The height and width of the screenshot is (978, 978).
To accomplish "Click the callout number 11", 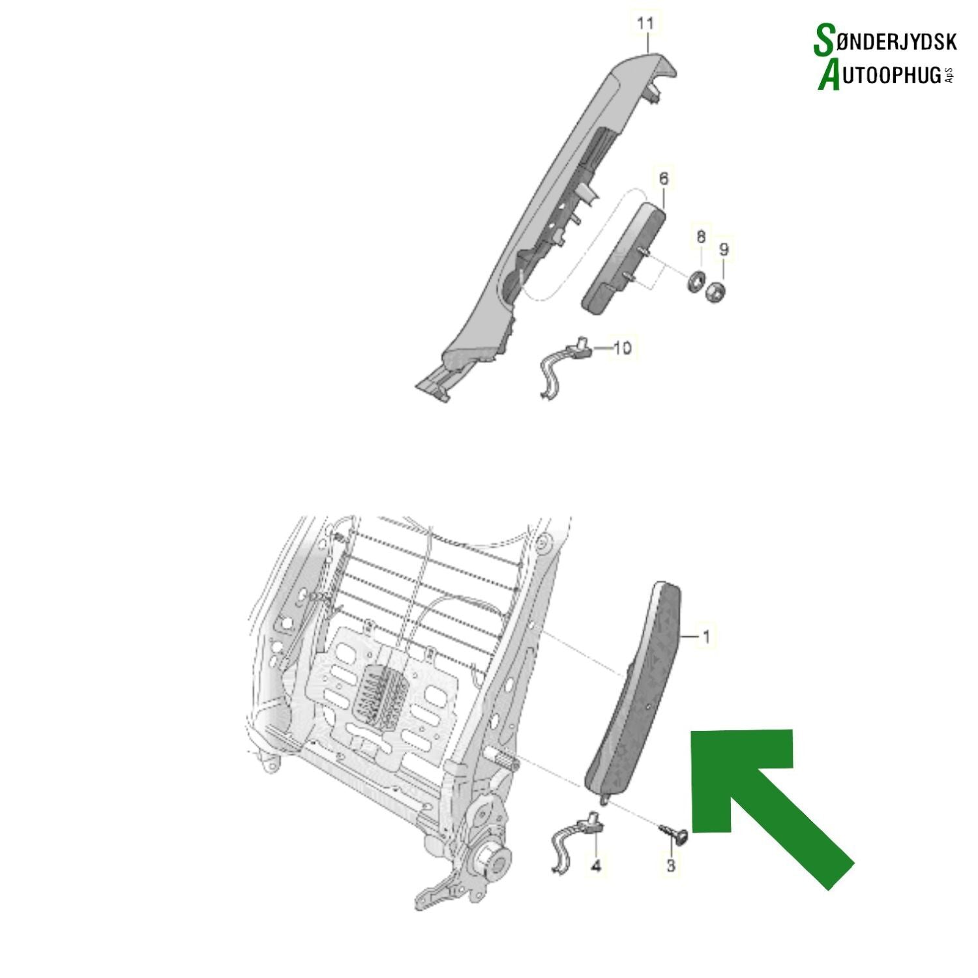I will pos(645,24).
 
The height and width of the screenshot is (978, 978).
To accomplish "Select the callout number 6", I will pos(664,178).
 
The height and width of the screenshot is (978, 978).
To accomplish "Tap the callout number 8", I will pos(701,236).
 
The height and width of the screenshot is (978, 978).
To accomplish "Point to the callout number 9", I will pos(724,249).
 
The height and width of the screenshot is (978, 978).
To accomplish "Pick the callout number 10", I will pos(623,348).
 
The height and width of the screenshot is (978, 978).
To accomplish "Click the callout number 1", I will pos(705,636).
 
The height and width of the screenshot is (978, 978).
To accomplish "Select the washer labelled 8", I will pos(697,280).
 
